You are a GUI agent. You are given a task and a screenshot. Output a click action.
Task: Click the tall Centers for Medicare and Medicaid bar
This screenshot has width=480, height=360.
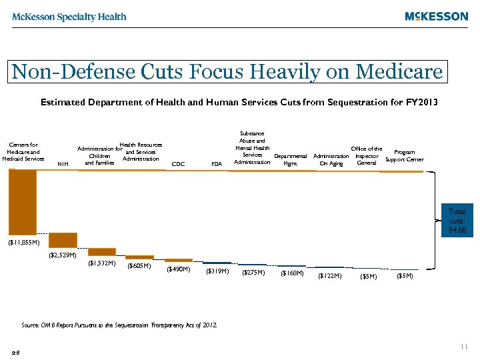pyautogui.click(x=23, y=201)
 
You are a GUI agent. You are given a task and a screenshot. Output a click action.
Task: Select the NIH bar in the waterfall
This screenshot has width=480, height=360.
pyautogui.click(x=63, y=240)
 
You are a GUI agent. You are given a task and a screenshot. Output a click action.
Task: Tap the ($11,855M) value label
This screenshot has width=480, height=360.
pyautogui.click(x=24, y=243)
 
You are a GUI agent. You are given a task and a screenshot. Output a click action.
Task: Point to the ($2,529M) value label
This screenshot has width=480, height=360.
pyautogui.click(x=63, y=255)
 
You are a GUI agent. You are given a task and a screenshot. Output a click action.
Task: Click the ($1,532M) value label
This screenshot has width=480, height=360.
pyautogui.click(x=102, y=263)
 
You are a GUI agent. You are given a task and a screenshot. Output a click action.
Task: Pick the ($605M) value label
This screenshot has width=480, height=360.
pyautogui.click(x=139, y=267)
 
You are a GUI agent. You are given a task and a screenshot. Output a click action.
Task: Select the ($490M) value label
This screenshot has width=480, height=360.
pyautogui.click(x=178, y=269)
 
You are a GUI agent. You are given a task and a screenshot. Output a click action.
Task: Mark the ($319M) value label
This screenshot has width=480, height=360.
pyautogui.click(x=217, y=271)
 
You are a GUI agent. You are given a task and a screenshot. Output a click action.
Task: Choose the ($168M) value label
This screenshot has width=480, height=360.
pyautogui.click(x=291, y=273)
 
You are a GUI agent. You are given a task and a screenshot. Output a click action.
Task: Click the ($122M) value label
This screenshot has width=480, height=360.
pyautogui.click(x=329, y=275)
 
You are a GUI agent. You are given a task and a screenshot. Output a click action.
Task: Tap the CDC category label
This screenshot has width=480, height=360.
pyautogui.click(x=178, y=163)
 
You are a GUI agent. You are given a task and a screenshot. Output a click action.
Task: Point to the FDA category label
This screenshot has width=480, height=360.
pyautogui.click(x=216, y=163)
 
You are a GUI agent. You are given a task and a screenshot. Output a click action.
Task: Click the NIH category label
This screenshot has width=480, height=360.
pyautogui.click(x=63, y=163)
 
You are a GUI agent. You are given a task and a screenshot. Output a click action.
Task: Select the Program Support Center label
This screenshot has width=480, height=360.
pyautogui.click(x=404, y=156)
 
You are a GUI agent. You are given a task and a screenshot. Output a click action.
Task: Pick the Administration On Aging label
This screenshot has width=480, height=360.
pyautogui.click(x=331, y=160)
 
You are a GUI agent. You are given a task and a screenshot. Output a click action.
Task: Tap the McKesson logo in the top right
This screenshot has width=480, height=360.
pyautogui.click(x=436, y=17)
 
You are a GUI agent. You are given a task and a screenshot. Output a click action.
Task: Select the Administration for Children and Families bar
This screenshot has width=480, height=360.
pyautogui.click(x=102, y=252)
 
